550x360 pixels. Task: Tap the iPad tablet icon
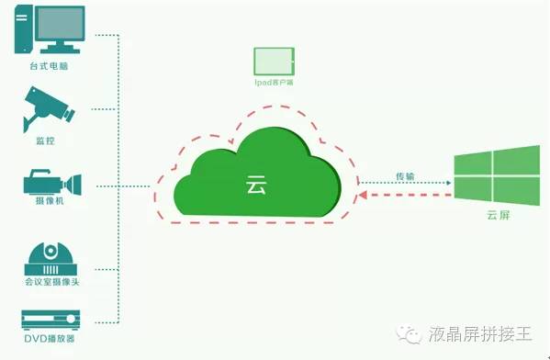(275, 61)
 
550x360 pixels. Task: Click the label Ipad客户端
(275, 83)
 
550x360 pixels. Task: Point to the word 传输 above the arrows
(405, 174)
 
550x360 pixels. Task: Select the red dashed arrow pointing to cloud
(405, 194)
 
